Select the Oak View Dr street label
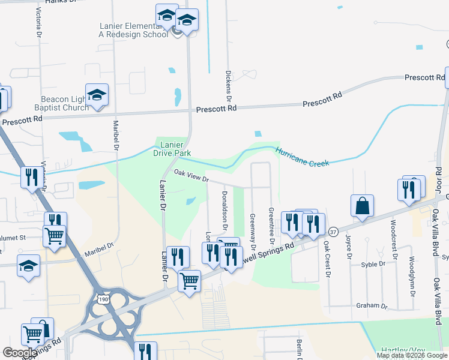[x=191, y=176]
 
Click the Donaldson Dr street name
[x=224, y=210]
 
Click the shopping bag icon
[x=363, y=206]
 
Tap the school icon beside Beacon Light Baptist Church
[x=97, y=95]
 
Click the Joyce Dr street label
[x=348, y=247]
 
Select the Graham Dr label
[x=372, y=305]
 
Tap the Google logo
[x=20, y=353]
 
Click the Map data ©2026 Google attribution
[x=412, y=355]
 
